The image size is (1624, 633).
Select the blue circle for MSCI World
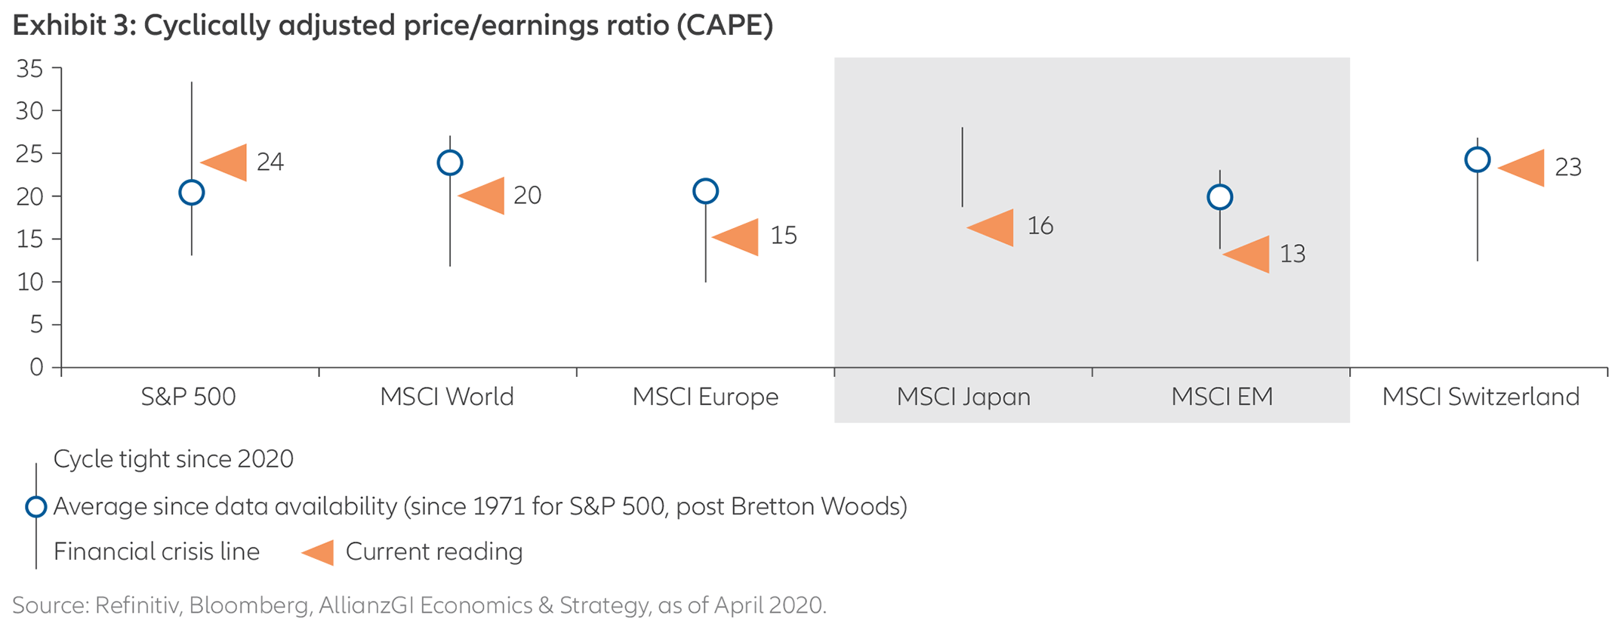pyautogui.click(x=450, y=162)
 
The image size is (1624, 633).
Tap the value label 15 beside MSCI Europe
pyautogui.click(x=783, y=236)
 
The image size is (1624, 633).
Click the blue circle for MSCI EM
pyautogui.click(x=1220, y=197)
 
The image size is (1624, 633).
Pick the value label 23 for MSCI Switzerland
pyautogui.click(x=1567, y=167)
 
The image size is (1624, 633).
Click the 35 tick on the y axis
pyautogui.click(x=30, y=69)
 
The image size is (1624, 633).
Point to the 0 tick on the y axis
pyautogui.click(x=36, y=367)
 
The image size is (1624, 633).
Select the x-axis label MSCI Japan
pyautogui.click(x=963, y=397)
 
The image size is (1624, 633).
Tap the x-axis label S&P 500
pyautogui.click(x=189, y=397)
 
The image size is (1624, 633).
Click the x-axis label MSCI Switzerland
pyautogui.click(x=1481, y=397)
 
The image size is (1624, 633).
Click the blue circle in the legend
pyautogui.click(x=36, y=506)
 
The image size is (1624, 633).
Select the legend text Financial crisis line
pyautogui.click(x=156, y=551)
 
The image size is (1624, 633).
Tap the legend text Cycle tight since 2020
pyautogui.click(x=174, y=459)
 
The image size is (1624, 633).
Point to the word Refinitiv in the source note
pyautogui.click(x=138, y=605)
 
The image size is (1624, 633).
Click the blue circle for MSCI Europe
pyautogui.click(x=705, y=191)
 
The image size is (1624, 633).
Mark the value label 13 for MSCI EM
pyautogui.click(x=1292, y=254)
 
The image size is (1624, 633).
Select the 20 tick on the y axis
pyautogui.click(x=30, y=196)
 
